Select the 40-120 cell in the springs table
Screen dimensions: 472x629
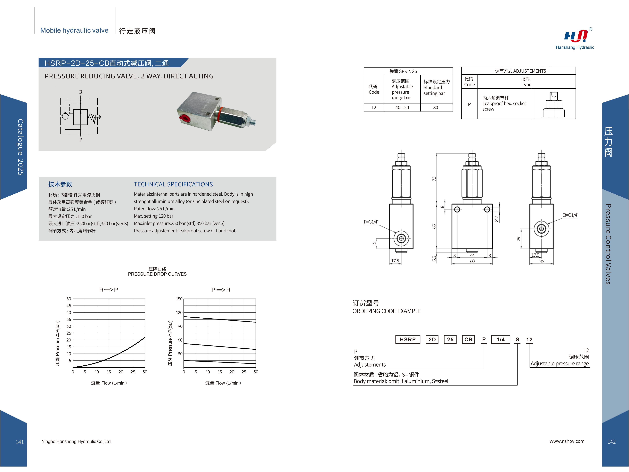(x=402, y=108)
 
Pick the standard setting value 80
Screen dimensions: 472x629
(x=435, y=108)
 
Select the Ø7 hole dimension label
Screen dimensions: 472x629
(x=496, y=219)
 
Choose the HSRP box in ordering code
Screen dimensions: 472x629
(x=407, y=339)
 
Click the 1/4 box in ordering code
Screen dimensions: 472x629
(x=501, y=339)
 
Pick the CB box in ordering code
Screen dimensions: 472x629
(x=468, y=339)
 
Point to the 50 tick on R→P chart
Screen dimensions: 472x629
(x=69, y=299)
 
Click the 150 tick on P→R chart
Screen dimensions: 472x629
(x=179, y=299)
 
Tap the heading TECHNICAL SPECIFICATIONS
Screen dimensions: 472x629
(x=173, y=184)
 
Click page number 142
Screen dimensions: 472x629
(x=611, y=442)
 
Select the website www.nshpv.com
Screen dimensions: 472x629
(x=567, y=441)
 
